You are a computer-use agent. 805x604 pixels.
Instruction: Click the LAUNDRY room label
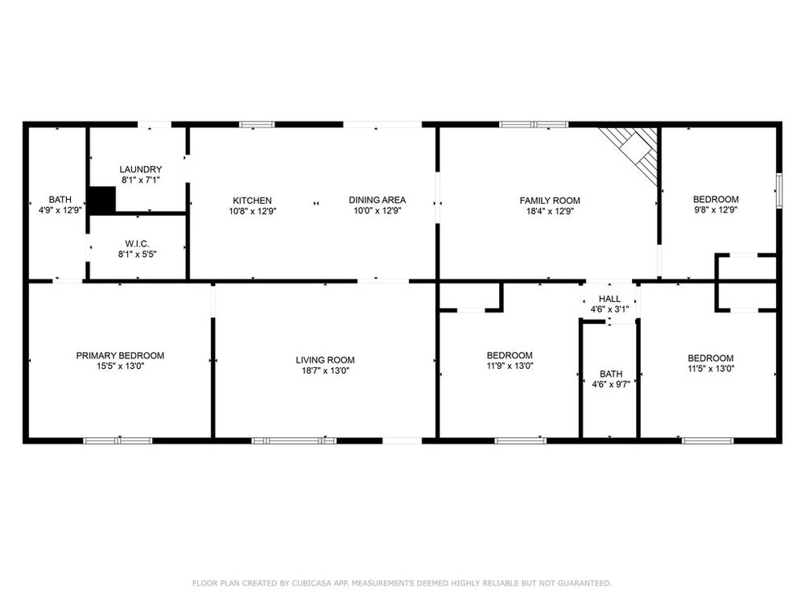(x=141, y=169)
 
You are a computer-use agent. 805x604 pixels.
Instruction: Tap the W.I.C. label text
(x=137, y=244)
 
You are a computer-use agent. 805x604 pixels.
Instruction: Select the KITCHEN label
(x=252, y=201)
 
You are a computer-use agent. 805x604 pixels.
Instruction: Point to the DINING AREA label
(x=378, y=201)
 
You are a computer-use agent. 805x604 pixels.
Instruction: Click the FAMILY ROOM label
(x=550, y=201)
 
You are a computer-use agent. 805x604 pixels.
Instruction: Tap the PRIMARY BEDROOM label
(x=120, y=355)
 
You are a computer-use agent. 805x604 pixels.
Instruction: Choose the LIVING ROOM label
(x=325, y=360)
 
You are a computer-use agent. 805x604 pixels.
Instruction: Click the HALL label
(x=609, y=299)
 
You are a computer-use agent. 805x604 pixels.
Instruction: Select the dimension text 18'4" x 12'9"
(x=550, y=211)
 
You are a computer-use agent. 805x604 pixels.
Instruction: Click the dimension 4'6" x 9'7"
(x=611, y=384)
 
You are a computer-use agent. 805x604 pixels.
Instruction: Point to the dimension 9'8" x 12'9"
(x=716, y=209)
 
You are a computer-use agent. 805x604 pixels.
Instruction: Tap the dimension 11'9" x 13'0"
(x=510, y=366)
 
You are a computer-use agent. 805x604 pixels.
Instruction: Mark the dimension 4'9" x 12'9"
(x=60, y=209)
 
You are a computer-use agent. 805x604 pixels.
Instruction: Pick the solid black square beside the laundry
(x=102, y=199)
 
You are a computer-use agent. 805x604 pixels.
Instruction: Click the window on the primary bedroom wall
(x=118, y=441)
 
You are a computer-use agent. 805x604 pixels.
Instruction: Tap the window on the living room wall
(x=294, y=441)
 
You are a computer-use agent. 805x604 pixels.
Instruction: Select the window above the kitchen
(x=258, y=124)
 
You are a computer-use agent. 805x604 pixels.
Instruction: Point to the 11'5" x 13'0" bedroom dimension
(x=711, y=368)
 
